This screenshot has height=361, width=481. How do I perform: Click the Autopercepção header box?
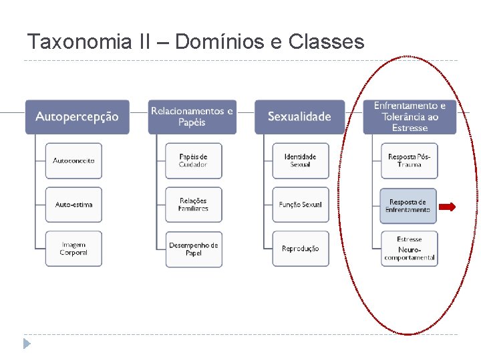click(x=77, y=117)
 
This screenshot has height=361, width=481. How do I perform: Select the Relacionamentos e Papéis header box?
click(x=192, y=117)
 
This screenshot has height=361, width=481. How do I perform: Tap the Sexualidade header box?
click(x=299, y=117)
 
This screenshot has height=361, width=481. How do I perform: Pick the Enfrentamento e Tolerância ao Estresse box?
click(x=410, y=117)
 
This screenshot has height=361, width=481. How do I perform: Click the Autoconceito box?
click(x=73, y=160)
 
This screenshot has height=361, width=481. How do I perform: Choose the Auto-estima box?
click(x=73, y=205)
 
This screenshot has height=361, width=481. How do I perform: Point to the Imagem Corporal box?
click(x=73, y=249)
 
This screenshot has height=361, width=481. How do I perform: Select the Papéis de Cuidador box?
click(x=194, y=160)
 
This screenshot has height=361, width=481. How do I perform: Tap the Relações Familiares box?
click(x=194, y=205)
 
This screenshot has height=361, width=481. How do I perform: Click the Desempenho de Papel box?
click(x=194, y=249)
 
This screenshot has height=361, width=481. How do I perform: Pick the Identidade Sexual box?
click(x=301, y=160)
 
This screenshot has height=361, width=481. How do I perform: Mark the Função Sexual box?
click(x=301, y=205)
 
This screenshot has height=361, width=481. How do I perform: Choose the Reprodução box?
click(x=301, y=249)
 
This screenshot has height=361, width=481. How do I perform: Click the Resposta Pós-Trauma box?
click(x=410, y=160)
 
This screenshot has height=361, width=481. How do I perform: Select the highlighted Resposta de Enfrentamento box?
click(x=408, y=206)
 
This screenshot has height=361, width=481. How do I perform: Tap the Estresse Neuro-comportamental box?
click(x=410, y=249)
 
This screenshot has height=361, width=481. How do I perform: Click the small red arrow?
click(x=448, y=207)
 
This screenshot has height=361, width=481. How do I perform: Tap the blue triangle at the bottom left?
click(x=27, y=344)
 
